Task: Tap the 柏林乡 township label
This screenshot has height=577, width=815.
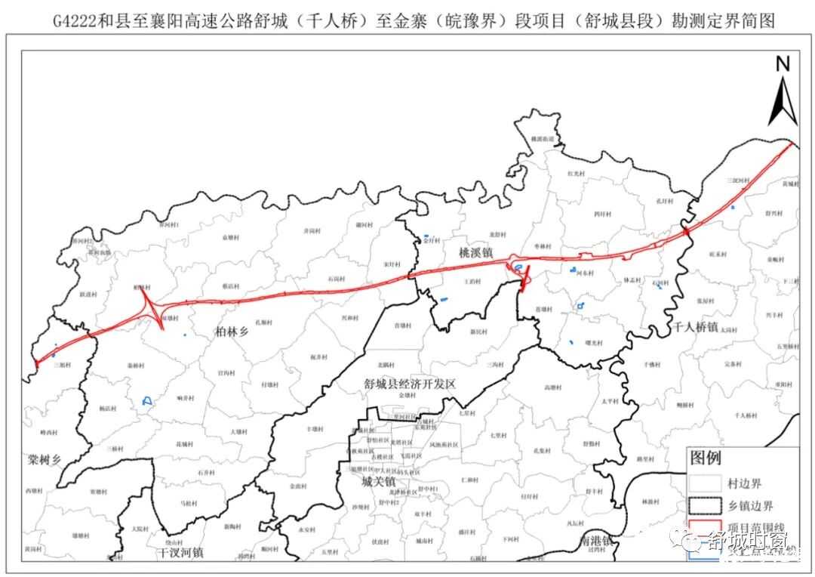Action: (232, 331)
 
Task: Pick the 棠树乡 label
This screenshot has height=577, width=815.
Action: (44, 458)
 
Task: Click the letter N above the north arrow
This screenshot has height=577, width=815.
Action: (783, 65)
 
